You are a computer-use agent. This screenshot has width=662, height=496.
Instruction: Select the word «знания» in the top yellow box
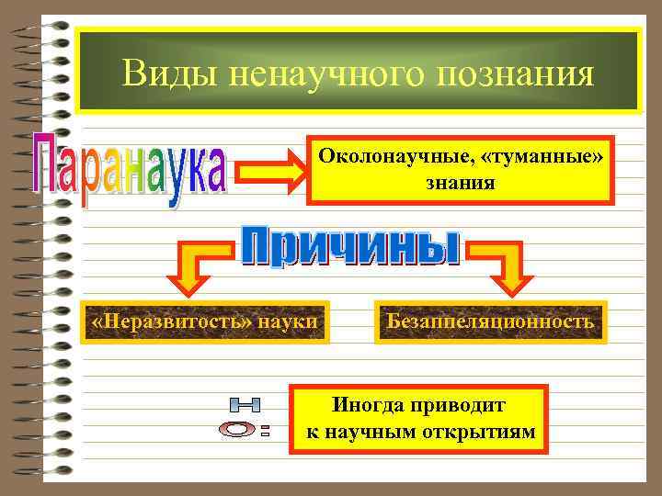click(460, 183)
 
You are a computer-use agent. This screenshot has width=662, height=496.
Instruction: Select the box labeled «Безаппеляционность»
click(489, 322)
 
